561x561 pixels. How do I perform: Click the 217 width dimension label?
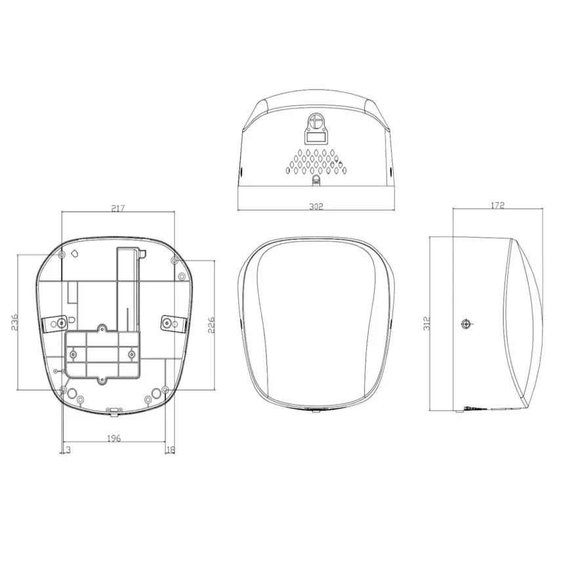pos(118,208)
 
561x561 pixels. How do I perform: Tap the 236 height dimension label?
pos(14,322)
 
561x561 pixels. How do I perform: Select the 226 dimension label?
pos(211,325)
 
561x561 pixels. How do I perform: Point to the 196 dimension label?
pos(114,439)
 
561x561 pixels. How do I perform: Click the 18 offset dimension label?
pos(171,449)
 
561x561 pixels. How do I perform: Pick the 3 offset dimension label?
pos(68,449)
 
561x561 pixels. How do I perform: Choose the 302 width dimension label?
pos(316,206)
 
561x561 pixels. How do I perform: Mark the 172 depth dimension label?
pos(497,205)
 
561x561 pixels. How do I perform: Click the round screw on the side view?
pos(466,323)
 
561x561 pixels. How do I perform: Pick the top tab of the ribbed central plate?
pos(102,327)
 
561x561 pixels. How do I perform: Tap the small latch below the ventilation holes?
pos(316,178)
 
